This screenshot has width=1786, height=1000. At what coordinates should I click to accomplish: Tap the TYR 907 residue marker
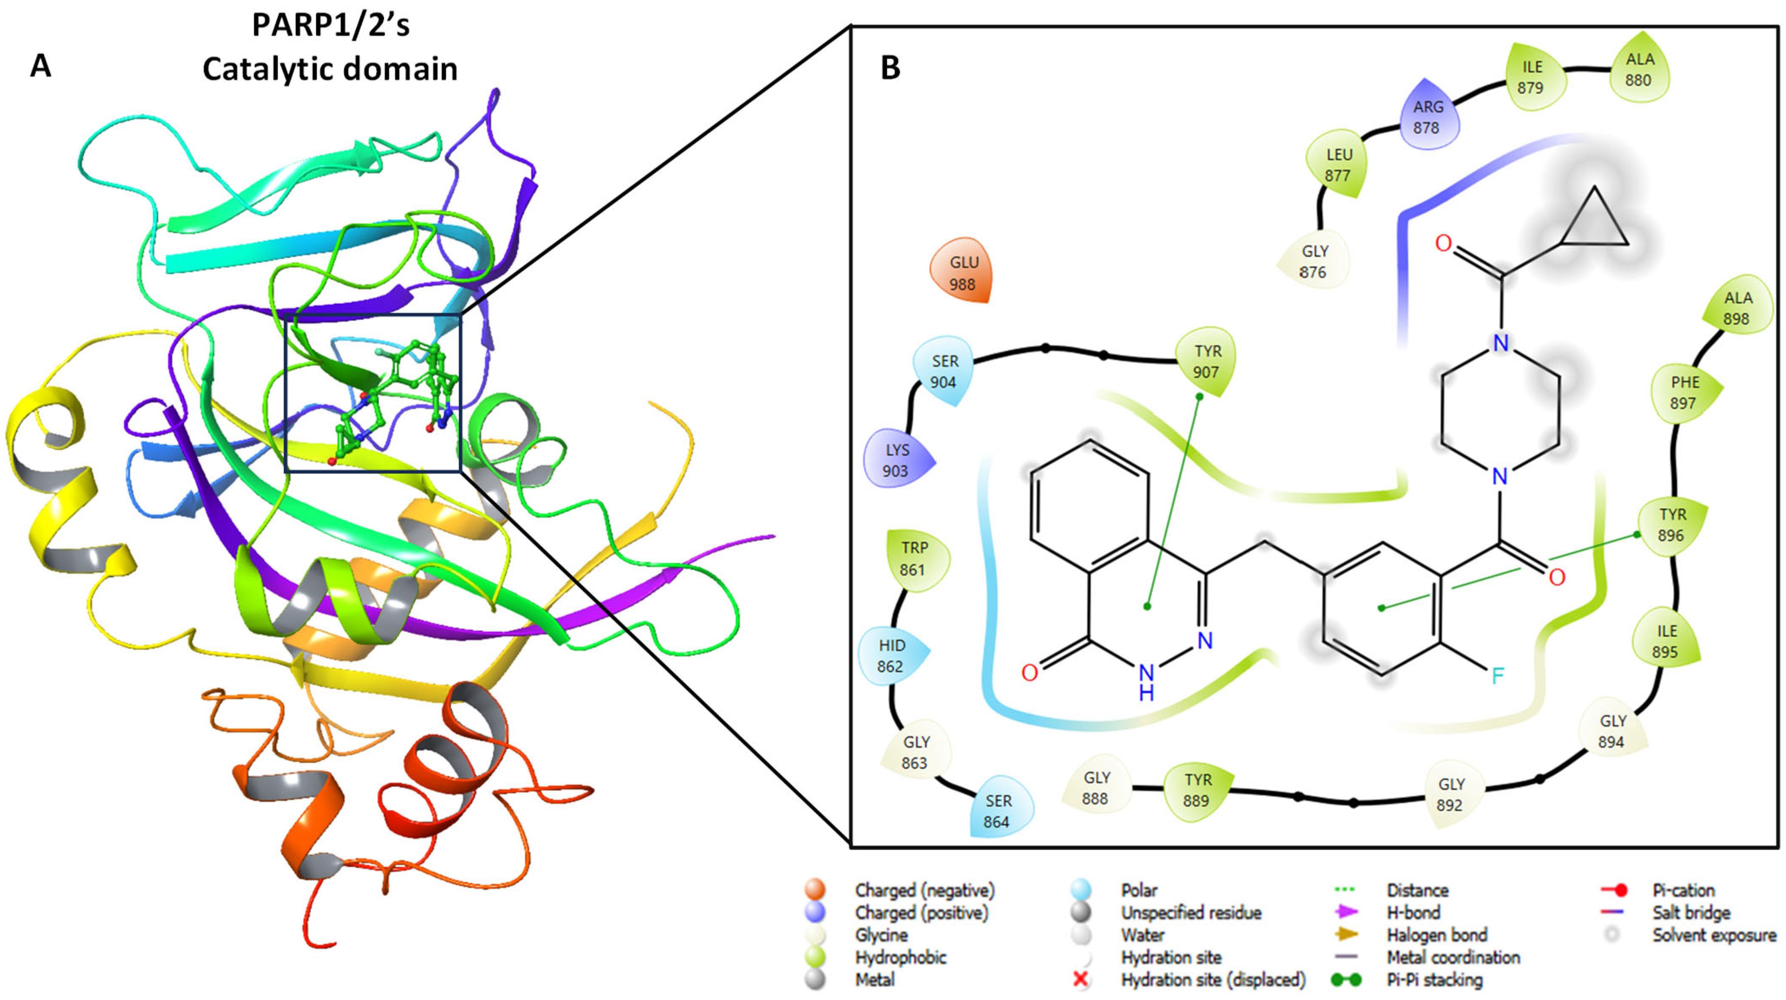click(1207, 361)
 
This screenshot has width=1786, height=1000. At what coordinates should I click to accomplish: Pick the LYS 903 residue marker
click(896, 460)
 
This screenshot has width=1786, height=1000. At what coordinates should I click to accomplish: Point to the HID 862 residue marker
click(891, 655)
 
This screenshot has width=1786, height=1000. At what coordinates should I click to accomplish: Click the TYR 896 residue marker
click(1672, 525)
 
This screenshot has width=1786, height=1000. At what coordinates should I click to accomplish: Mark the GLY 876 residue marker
click(1314, 261)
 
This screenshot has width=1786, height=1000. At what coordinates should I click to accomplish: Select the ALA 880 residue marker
click(1639, 69)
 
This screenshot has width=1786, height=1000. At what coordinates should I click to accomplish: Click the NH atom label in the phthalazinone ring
click(1146, 680)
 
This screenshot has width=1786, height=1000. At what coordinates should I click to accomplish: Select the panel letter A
click(41, 67)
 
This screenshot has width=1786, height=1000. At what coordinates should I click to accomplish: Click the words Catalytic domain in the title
click(330, 69)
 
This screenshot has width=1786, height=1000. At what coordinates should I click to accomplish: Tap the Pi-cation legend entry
click(1683, 890)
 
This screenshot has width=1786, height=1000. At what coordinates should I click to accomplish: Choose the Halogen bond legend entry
click(1436, 935)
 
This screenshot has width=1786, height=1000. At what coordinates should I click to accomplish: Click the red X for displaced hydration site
click(1080, 979)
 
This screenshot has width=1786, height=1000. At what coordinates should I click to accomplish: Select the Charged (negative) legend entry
click(924, 890)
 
